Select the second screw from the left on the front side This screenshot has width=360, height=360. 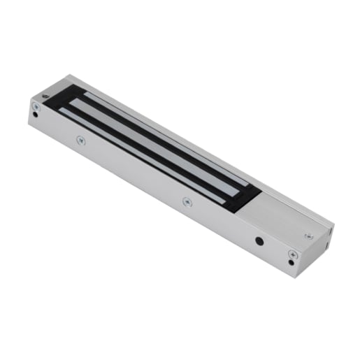pos(80,140)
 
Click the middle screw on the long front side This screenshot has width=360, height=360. pos(187,201)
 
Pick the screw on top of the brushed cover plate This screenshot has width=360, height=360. pos(308,236)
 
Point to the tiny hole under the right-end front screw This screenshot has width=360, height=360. pos(291,263)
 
